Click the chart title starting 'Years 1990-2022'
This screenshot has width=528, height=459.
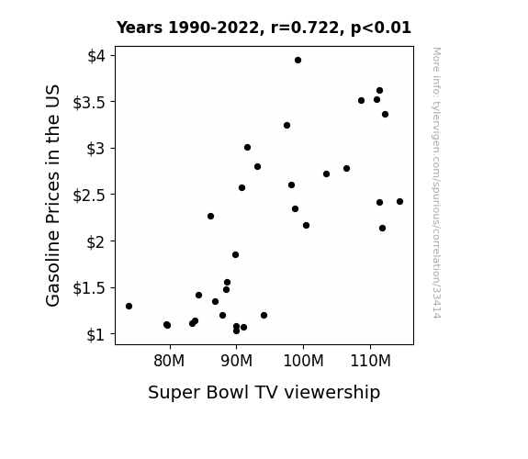(264, 28)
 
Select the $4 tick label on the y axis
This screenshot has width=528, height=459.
(96, 56)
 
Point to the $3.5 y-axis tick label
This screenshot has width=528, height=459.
(89, 103)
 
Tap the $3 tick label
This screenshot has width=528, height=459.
(96, 149)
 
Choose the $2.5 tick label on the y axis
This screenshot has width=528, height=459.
(89, 196)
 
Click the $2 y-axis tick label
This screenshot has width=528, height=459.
(96, 241)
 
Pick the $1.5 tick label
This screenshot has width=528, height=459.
(89, 288)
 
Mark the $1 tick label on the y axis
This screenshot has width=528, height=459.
(96, 335)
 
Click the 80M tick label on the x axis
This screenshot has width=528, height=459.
(169, 361)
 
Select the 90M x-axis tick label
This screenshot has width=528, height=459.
(236, 361)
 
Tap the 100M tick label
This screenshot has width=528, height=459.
(303, 361)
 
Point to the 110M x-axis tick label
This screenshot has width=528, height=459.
(370, 361)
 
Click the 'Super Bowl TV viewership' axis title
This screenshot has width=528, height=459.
(264, 392)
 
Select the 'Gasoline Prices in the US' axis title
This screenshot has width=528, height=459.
(52, 196)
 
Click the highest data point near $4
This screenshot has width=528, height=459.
(298, 61)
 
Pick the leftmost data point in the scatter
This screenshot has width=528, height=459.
(129, 306)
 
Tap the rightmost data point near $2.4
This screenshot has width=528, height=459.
(399, 201)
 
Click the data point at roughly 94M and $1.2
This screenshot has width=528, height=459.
(264, 315)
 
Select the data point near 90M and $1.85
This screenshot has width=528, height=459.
(235, 254)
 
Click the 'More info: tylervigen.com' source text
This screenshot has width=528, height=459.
(436, 183)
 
